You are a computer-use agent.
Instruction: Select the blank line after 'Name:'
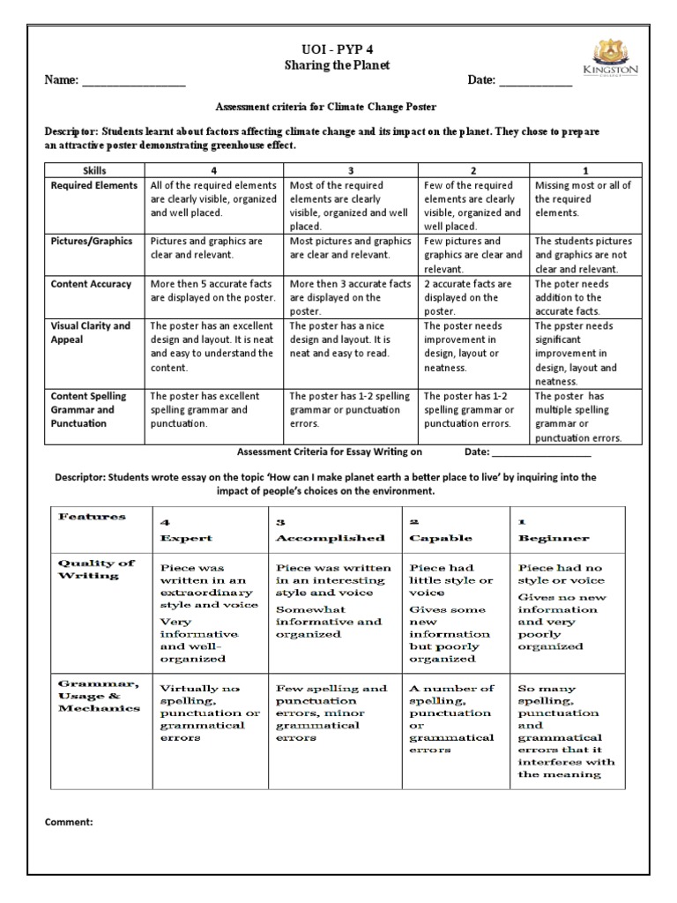tap(133, 85)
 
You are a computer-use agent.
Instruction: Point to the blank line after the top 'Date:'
tap(536, 85)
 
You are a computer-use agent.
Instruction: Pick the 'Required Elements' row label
tap(94, 185)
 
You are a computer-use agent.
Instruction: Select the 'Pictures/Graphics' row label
tap(92, 241)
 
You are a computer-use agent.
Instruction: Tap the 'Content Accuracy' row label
tap(92, 284)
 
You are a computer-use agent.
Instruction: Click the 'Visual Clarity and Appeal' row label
tap(91, 332)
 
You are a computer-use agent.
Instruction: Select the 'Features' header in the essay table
tap(92, 517)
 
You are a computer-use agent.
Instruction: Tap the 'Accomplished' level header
tap(330, 537)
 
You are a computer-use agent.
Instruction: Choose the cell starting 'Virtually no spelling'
tap(209, 713)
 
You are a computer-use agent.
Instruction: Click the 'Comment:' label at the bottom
tap(69, 822)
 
